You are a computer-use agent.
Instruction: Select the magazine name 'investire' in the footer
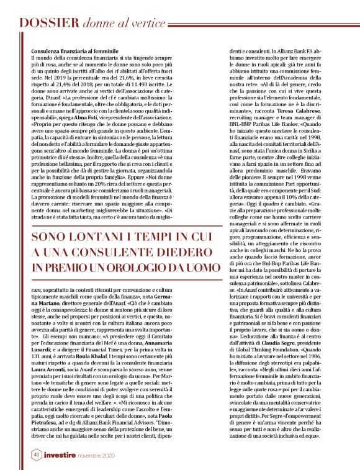[x=62, y=455]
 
